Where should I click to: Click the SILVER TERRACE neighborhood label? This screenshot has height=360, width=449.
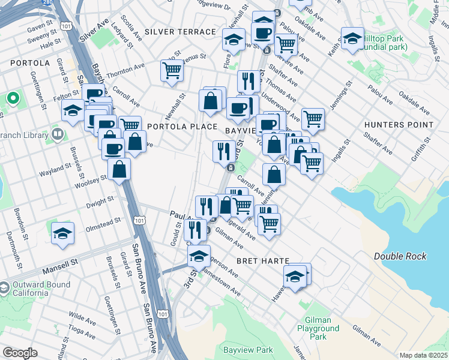pos(180,31)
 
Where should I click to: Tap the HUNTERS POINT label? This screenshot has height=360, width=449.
pos(399,125)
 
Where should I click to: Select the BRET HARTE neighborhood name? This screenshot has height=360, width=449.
pos(263,261)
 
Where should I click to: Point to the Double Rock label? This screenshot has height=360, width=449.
pos(400,256)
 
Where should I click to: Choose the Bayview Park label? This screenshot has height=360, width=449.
pos(248,350)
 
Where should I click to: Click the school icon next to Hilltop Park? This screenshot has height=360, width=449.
pos(352,39)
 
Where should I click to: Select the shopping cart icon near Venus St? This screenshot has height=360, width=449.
pos(172,71)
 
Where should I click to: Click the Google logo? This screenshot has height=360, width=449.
pos(20,353)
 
